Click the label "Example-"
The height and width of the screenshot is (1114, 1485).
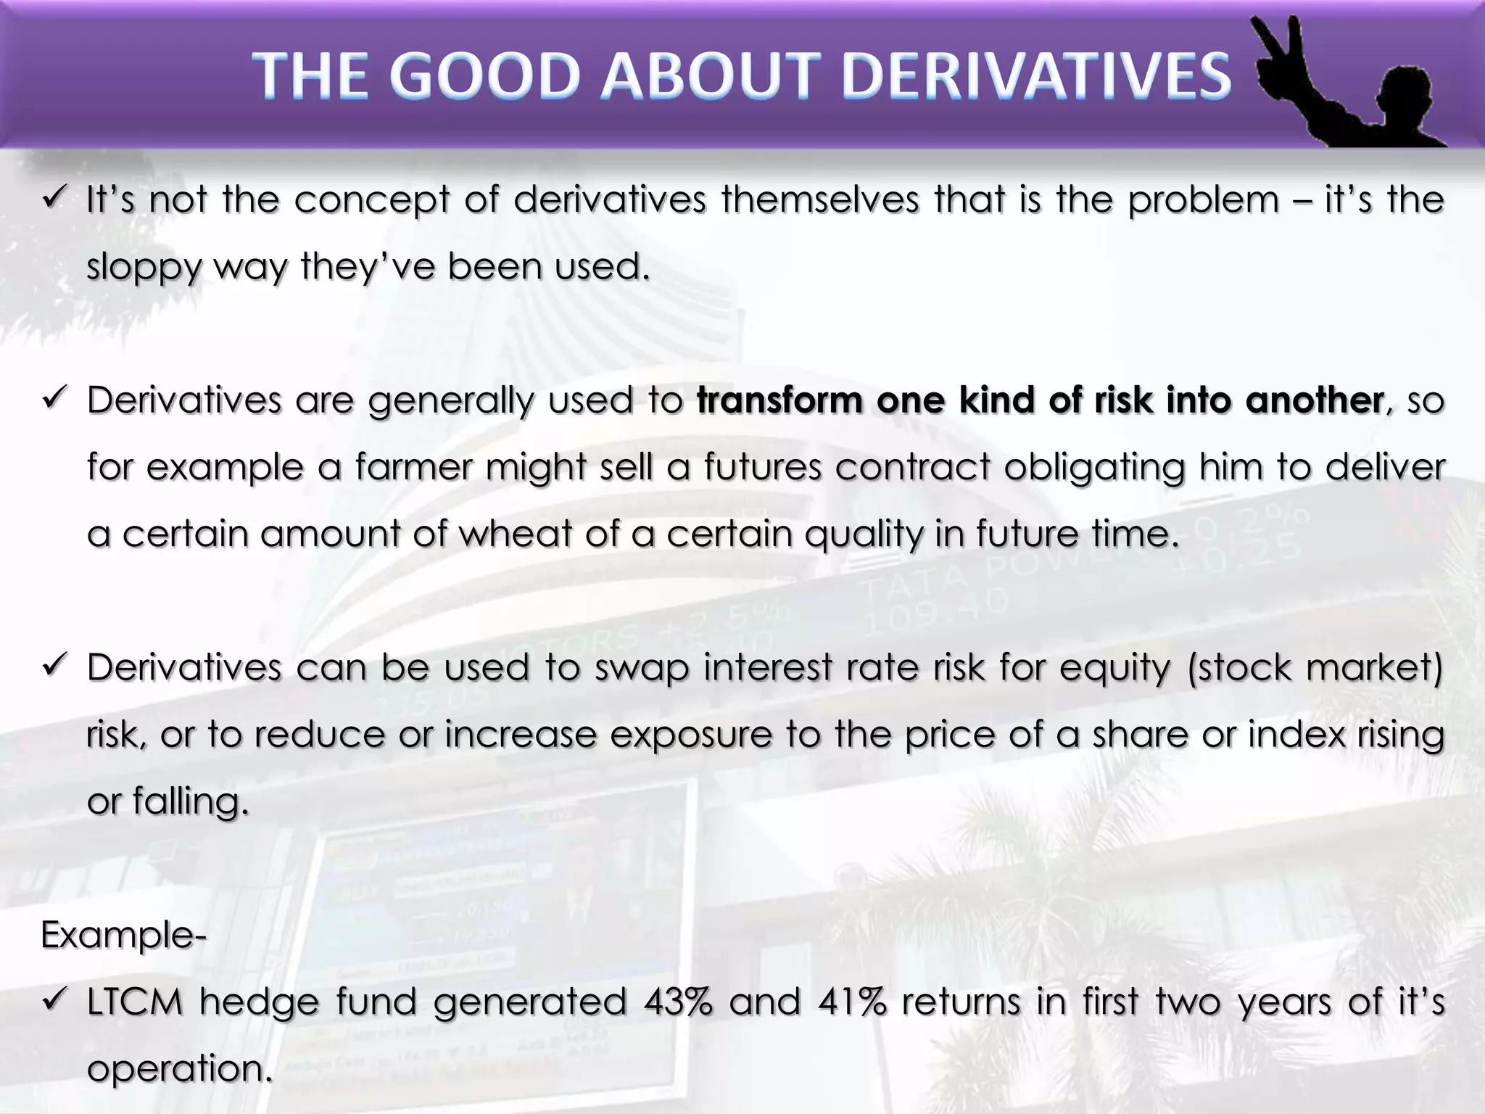coord(123,935)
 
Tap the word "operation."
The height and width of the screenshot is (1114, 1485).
coord(179,1069)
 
